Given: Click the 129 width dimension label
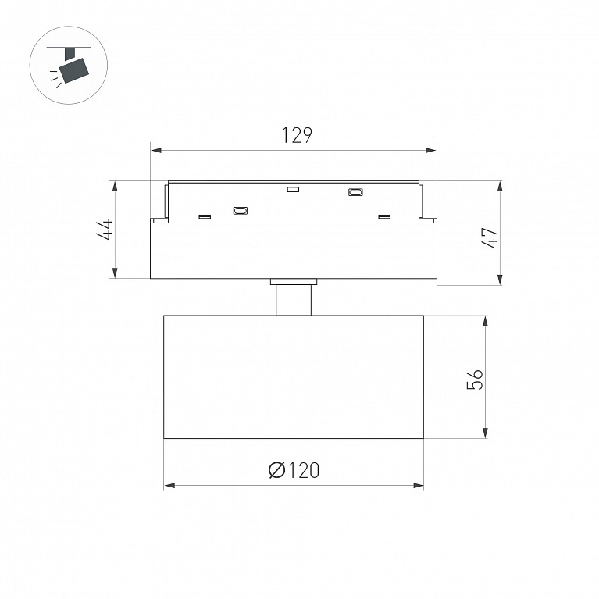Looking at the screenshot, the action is pyautogui.click(x=297, y=136).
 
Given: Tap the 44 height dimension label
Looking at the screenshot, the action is pyautogui.click(x=105, y=229).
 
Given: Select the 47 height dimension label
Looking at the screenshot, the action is pyautogui.click(x=490, y=238).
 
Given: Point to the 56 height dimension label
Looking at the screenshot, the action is pyautogui.click(x=475, y=379).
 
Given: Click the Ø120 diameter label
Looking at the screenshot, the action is pyautogui.click(x=294, y=470).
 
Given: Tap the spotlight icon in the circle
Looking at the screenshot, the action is pyautogui.click(x=69, y=65).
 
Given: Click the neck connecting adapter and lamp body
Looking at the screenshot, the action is pyautogui.click(x=294, y=298).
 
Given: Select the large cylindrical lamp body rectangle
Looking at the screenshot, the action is pyautogui.click(x=294, y=377).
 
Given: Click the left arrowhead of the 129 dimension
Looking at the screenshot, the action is pyautogui.click(x=155, y=150).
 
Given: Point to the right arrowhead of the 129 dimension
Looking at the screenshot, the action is pyautogui.click(x=431, y=150).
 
